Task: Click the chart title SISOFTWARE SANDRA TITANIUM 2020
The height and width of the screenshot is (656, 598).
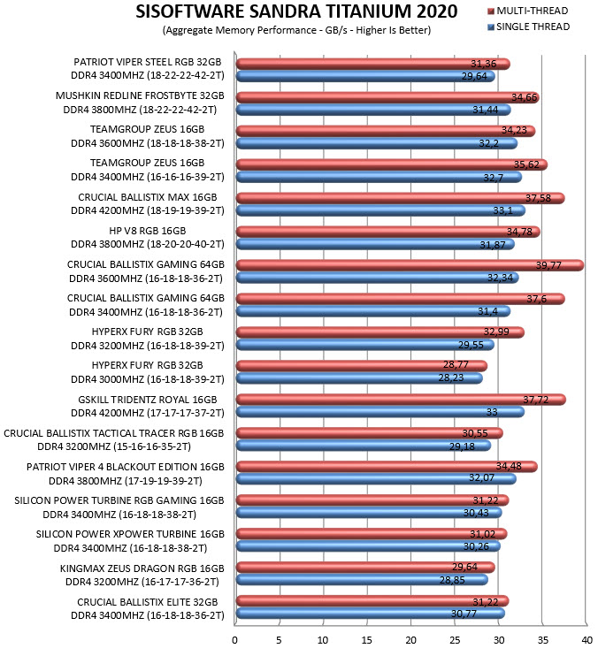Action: click(296, 11)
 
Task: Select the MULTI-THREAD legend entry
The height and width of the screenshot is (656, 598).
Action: click(528, 11)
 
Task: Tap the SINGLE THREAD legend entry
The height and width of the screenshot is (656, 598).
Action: click(529, 27)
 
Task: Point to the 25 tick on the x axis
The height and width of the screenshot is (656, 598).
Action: click(455, 640)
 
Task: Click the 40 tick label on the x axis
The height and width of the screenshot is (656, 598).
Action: click(586, 640)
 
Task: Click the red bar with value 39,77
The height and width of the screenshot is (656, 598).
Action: click(410, 265)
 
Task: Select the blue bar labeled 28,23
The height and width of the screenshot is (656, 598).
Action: click(359, 378)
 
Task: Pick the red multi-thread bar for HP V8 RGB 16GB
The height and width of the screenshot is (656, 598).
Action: click(388, 232)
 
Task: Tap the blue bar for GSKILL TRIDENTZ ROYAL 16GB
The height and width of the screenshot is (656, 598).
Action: click(380, 412)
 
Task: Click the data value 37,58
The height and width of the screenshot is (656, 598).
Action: click(538, 198)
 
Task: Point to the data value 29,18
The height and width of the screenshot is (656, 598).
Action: click(462, 446)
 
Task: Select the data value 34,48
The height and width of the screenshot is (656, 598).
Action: click(509, 466)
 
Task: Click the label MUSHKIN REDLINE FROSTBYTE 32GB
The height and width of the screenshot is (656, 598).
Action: click(140, 95)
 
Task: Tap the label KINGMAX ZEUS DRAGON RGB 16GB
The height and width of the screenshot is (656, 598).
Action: click(142, 568)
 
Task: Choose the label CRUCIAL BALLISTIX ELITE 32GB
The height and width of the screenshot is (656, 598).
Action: click(148, 602)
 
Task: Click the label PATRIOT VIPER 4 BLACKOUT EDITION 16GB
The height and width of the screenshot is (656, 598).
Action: click(125, 467)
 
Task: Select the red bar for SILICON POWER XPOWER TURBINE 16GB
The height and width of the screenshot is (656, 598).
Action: click(372, 534)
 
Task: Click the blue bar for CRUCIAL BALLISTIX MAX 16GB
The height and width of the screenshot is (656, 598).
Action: click(380, 210)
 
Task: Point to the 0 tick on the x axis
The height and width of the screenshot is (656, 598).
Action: click(234, 640)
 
